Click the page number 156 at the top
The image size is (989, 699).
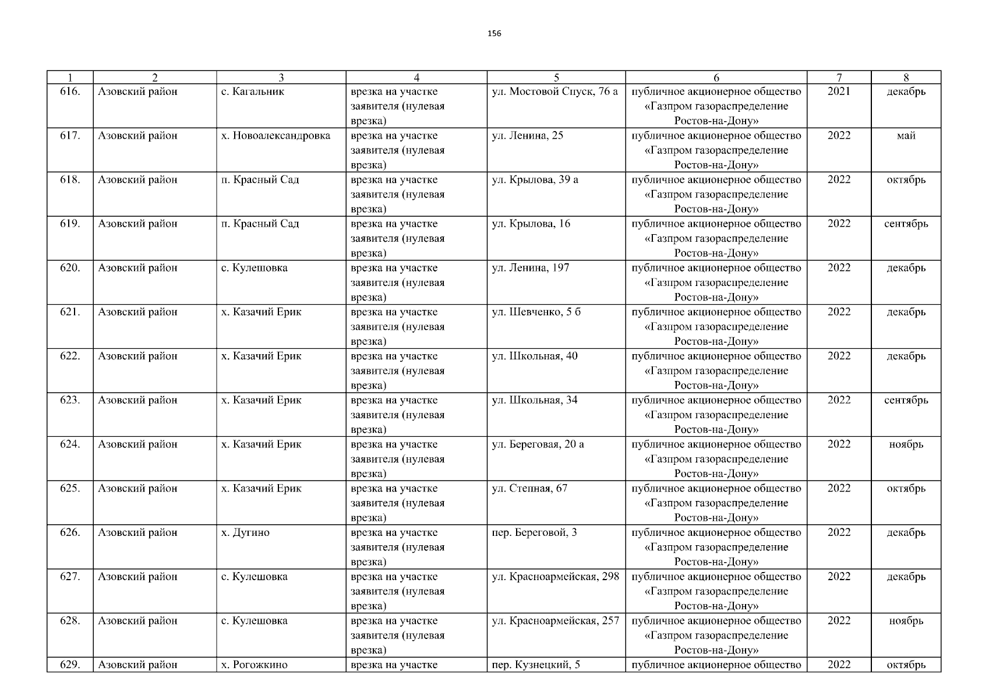coord(494,33)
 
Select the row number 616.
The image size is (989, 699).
coord(70,91)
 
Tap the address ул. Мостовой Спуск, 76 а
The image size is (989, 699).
coord(554,91)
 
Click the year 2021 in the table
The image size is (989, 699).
coord(839,91)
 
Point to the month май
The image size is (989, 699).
coord(906,136)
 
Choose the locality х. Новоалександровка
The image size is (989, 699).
coord(275,136)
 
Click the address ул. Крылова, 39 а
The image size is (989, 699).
coord(535,180)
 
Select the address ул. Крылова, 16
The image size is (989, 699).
coord(531,224)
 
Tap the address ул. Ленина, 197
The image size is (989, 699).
coord(530,268)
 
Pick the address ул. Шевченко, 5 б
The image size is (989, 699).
coord(536,312)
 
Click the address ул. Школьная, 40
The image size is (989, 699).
coord(534,356)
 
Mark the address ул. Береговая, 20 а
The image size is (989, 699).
coord(538,444)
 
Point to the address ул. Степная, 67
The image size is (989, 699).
coord(529,488)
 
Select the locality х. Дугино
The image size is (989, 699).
coord(245,532)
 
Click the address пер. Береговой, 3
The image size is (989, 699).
coord(534,532)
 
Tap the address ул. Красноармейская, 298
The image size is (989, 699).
coord(555,577)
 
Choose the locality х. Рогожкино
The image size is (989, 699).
coord(254,665)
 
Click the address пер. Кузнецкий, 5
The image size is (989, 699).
coord(536,665)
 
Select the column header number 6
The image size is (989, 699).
coord(716,77)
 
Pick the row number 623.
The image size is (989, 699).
coord(70,400)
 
